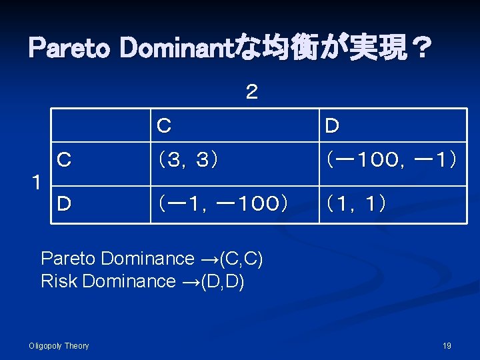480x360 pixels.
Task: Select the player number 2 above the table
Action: [x=251, y=93]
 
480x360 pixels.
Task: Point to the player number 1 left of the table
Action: [x=37, y=181]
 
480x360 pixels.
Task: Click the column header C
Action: [x=163, y=125]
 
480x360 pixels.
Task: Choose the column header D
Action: [x=332, y=125]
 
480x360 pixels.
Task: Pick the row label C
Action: [x=64, y=160]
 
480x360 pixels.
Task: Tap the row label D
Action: [x=64, y=203]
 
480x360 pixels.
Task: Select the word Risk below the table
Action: [x=58, y=281]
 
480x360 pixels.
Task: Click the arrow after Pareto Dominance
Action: [x=207, y=259]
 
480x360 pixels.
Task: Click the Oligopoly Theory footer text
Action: [x=59, y=345]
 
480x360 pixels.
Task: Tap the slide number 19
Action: [x=447, y=345]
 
